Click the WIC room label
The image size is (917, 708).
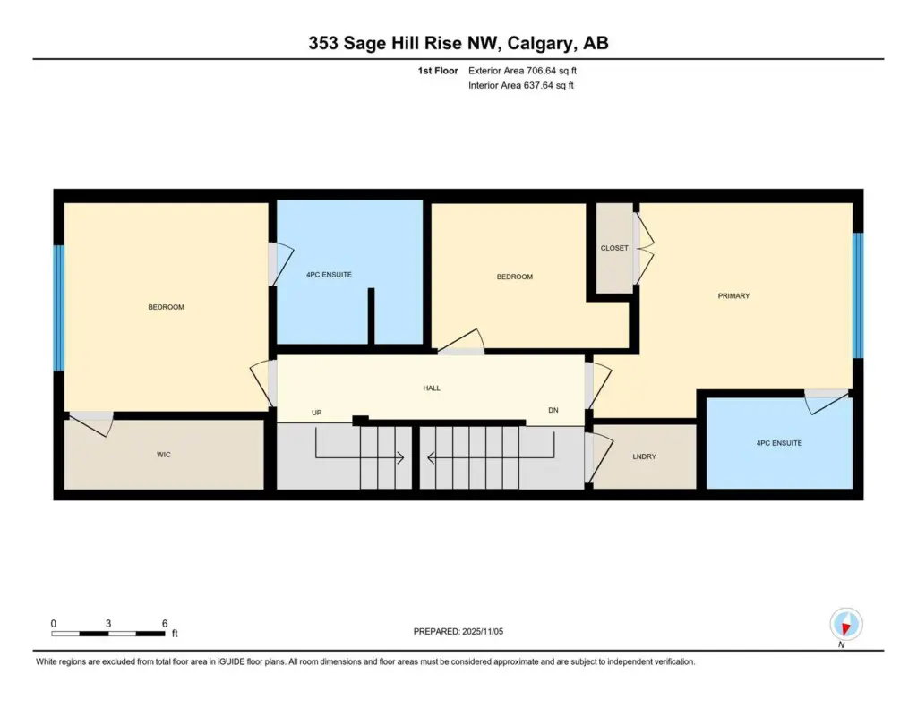pos(164,455)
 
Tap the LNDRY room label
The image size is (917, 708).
pos(644,456)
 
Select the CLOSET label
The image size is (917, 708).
pos(614,248)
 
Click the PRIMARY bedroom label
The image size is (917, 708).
pos(733,296)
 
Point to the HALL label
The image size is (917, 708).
pos(432,388)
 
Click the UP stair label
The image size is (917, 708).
pos(316,412)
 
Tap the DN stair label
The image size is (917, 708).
pos(553,410)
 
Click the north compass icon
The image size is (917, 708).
pos(845,626)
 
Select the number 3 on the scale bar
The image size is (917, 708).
pos(108,623)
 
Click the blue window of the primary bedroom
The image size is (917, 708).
pos(857,295)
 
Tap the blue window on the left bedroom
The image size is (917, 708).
pos(58,308)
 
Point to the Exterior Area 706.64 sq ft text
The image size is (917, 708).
pos(522,71)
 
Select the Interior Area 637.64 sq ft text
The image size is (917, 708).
pos(520,85)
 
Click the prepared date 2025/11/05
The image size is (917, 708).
pos(483,631)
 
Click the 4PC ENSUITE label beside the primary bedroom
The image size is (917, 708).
pos(779,443)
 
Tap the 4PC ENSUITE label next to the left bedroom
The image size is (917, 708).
pos(329,274)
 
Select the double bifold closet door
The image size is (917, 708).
pos(643,249)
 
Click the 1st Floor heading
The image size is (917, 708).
pos(437,71)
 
